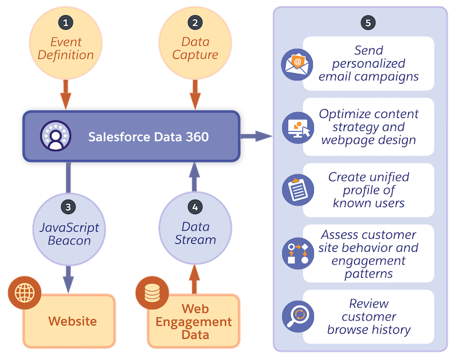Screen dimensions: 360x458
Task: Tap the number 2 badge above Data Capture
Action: (196, 23)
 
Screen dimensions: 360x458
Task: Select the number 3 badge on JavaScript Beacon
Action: (68, 207)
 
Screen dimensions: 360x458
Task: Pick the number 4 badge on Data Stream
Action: (196, 207)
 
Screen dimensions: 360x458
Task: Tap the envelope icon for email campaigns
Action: (297, 63)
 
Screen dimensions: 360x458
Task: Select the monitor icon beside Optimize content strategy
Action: (297, 126)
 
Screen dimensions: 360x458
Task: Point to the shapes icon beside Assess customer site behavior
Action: (297, 253)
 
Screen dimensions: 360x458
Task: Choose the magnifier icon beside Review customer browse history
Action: (297, 317)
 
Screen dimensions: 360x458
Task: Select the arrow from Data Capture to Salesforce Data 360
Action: (196, 93)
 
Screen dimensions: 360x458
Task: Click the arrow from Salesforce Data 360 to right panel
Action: (256, 136)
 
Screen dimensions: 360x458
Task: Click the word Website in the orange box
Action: (72, 321)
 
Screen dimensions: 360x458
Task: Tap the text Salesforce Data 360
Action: (148, 137)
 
